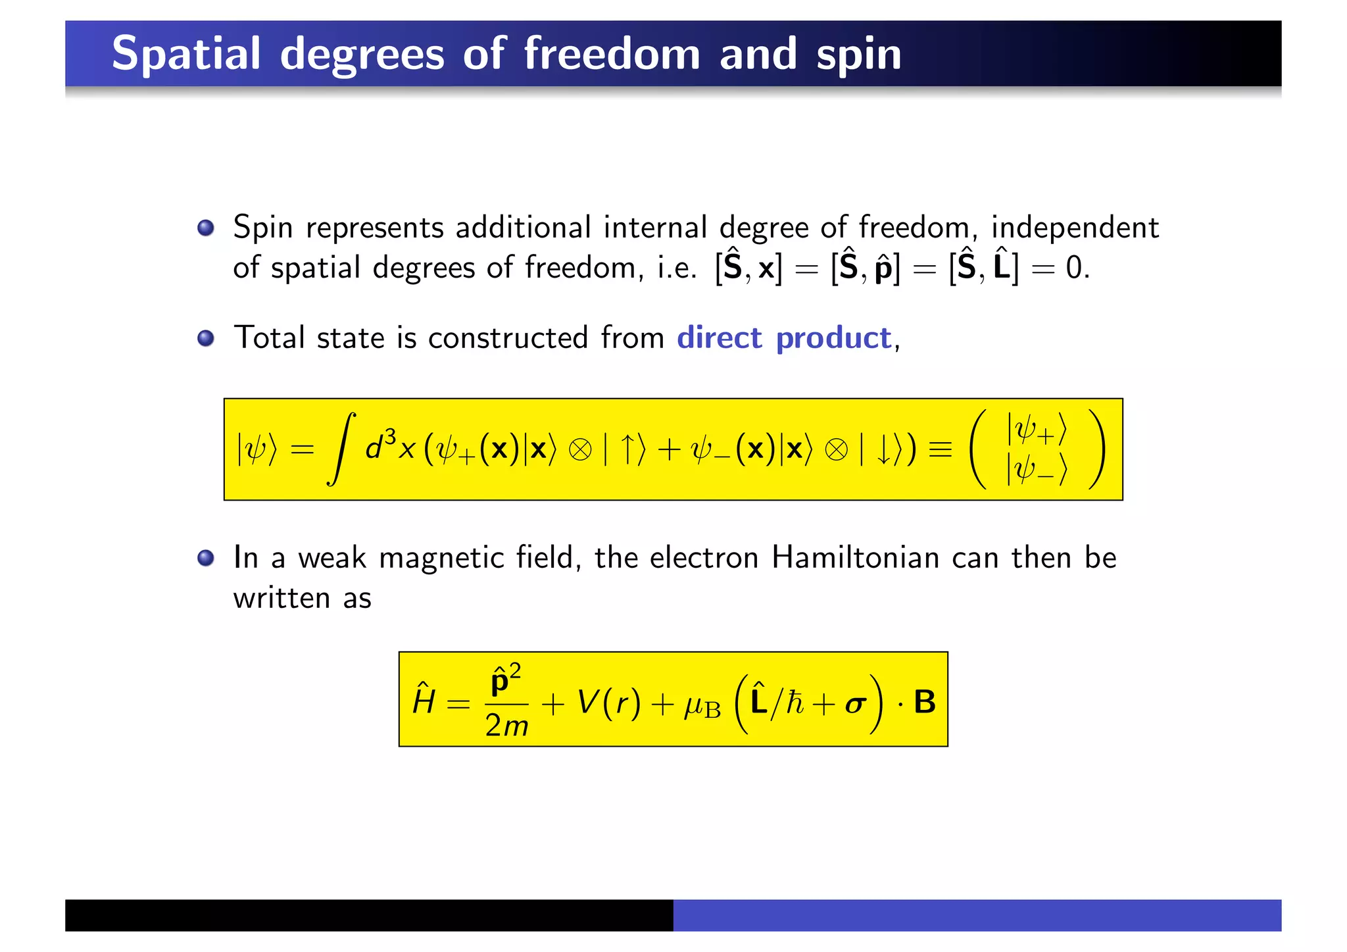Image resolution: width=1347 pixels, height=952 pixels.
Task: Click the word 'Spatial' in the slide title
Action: point(186,54)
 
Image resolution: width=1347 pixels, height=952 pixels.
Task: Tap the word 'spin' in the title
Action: point(858,55)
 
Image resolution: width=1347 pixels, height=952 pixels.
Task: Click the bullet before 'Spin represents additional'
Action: point(206,228)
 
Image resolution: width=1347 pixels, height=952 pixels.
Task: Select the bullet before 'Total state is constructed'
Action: point(206,338)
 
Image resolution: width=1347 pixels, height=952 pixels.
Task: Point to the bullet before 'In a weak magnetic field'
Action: point(206,558)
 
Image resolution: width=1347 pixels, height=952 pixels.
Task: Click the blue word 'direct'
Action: point(719,338)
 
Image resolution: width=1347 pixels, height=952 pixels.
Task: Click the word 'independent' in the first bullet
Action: point(1075,228)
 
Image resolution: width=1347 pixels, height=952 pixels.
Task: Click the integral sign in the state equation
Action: point(342,449)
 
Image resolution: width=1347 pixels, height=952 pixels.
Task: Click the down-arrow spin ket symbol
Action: point(883,450)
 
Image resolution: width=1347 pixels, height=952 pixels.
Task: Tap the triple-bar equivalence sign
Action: point(940,450)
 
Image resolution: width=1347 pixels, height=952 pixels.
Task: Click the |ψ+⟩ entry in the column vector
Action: point(1037,430)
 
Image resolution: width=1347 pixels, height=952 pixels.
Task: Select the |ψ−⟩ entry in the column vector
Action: point(1037,470)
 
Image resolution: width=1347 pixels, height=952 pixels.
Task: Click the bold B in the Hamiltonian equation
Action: point(924,702)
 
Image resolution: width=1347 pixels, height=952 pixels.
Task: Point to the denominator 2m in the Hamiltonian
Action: point(506,726)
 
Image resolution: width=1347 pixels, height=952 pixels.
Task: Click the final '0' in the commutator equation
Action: point(1073,268)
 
